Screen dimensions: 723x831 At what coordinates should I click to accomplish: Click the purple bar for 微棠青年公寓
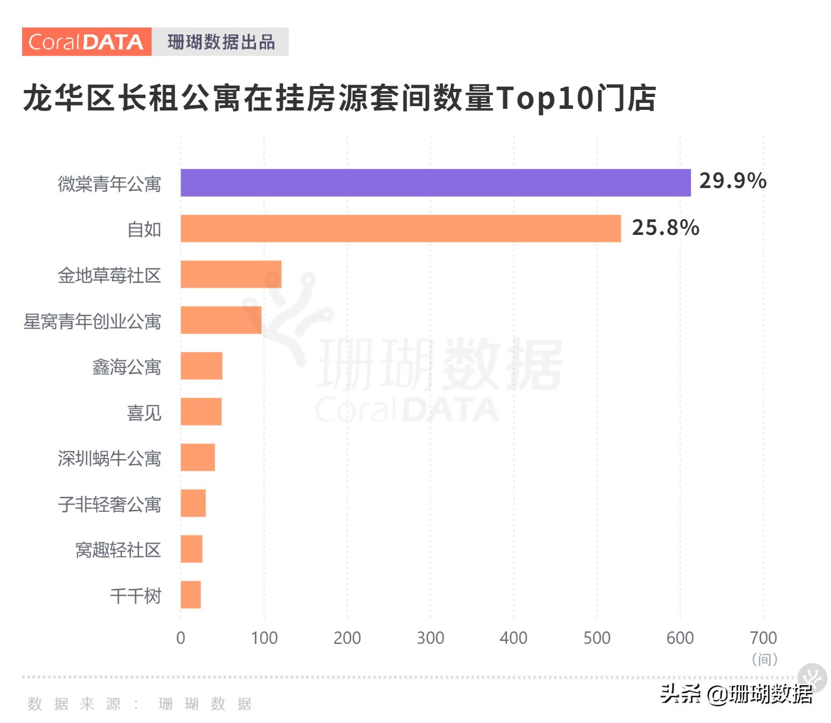435,183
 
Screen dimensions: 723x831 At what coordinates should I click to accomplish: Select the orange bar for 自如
400,228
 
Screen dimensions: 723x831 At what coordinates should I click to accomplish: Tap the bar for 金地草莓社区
231,274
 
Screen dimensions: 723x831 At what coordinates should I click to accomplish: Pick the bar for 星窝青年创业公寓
221,320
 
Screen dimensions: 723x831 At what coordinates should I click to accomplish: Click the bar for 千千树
191,595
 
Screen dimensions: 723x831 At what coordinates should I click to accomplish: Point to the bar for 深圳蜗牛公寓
198,457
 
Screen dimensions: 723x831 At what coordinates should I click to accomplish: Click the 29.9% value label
732,181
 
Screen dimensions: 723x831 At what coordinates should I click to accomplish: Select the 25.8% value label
665,227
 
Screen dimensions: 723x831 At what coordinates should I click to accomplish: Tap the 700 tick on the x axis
763,638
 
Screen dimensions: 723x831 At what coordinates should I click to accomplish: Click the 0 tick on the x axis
181,638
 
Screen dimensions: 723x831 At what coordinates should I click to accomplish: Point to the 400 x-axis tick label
513,638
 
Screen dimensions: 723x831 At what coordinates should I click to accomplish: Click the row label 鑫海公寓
127,367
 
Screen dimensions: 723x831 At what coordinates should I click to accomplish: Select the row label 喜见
144,413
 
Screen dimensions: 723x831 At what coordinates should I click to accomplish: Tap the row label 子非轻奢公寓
109,504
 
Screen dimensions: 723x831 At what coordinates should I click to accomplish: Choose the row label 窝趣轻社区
118,550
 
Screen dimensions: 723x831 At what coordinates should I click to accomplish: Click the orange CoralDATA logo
86,42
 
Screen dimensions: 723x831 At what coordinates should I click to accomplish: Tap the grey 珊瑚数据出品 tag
220,42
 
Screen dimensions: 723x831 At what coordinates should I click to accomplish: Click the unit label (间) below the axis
764,659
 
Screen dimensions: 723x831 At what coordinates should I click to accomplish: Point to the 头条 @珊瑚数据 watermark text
736,694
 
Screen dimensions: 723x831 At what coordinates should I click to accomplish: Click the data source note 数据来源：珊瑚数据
140,704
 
